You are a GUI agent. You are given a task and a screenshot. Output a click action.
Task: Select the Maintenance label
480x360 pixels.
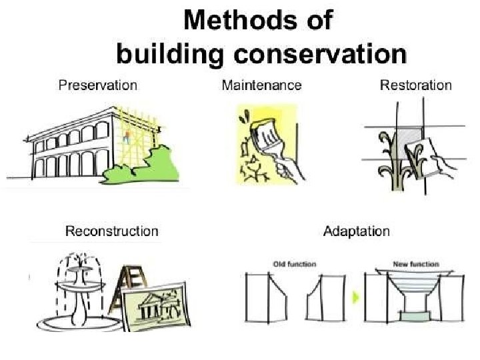(x=261, y=85)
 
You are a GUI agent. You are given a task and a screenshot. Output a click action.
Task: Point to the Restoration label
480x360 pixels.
(x=415, y=85)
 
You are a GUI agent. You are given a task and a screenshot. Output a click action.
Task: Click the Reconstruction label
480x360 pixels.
(x=111, y=231)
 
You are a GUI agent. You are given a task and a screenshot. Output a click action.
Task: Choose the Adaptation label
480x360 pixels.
(x=356, y=231)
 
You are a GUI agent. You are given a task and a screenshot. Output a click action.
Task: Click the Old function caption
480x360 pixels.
(x=294, y=265)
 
